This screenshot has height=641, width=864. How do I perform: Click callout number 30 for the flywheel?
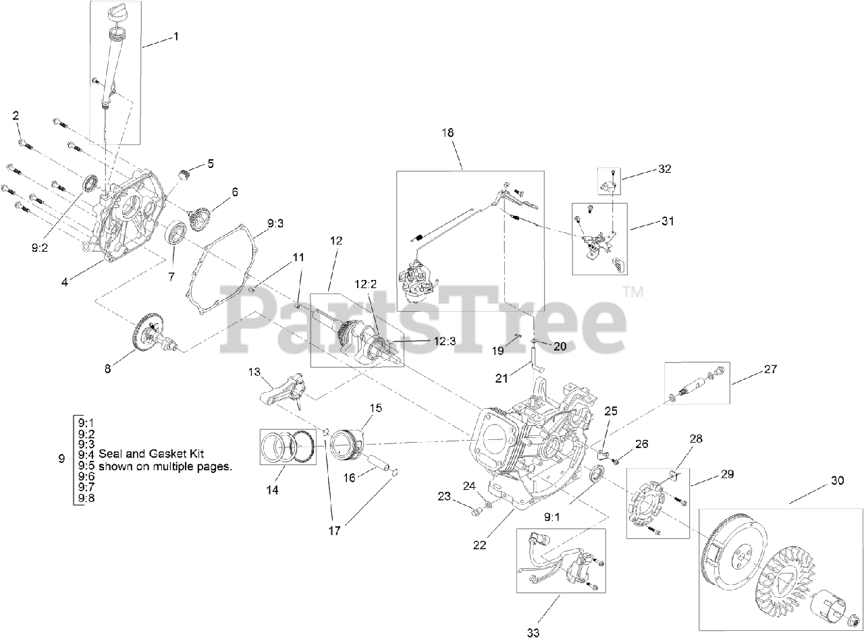(837, 481)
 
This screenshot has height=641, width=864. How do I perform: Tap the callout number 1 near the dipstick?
(176, 36)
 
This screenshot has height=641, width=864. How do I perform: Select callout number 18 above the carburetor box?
(448, 132)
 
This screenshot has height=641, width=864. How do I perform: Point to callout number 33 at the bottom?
(533, 632)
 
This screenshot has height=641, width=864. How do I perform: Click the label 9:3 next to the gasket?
(275, 222)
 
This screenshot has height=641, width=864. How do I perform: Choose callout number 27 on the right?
(771, 369)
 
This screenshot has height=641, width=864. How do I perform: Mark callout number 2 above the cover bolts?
(16, 116)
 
